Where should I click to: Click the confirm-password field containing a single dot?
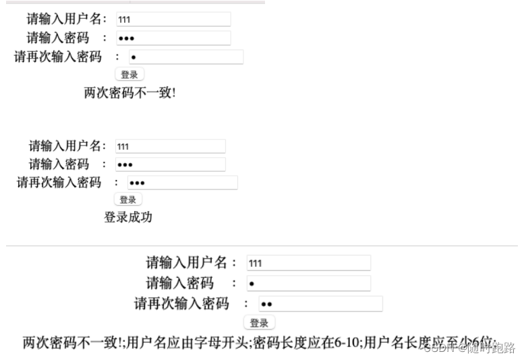[185, 57]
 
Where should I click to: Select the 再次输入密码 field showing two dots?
[320, 304]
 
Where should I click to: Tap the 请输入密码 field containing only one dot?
[309, 283]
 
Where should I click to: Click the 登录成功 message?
[128, 217]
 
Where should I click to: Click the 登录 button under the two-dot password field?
[259, 323]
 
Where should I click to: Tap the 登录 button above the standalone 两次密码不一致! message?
[129, 75]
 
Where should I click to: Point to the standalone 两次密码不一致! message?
[129, 92]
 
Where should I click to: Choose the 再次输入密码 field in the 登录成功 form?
[182, 183]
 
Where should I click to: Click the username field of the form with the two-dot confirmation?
[309, 263]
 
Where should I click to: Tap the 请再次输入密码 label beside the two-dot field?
[181, 303]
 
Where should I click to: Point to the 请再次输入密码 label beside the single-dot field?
[58, 57]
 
